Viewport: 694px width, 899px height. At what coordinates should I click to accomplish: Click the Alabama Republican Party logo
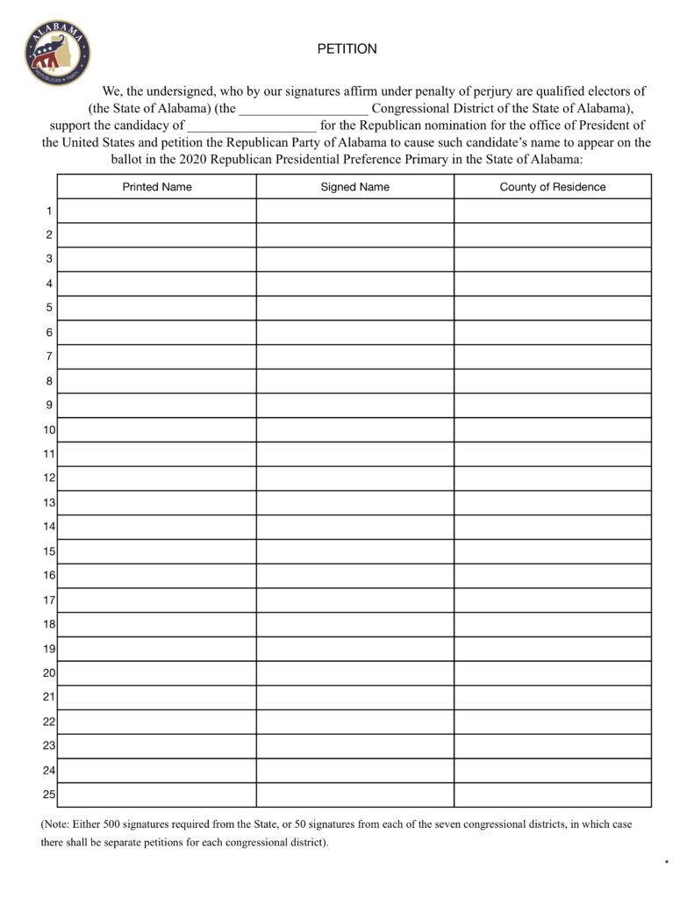pos(57,53)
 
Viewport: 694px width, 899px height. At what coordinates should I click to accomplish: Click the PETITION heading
pos(347,49)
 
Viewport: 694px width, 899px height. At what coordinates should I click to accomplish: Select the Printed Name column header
pos(157,187)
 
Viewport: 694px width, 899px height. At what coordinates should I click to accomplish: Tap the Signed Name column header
pos(354,187)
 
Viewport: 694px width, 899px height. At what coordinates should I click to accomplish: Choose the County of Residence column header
pos(553,187)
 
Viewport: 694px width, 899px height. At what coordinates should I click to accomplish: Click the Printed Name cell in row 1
pos(157,211)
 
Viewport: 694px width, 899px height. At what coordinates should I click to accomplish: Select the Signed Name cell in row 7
pos(354,356)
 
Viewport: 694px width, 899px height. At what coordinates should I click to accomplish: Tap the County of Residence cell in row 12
pos(553,478)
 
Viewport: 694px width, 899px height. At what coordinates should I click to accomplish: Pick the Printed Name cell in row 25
pos(157,795)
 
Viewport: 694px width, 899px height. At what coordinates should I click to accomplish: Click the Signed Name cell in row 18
pos(354,624)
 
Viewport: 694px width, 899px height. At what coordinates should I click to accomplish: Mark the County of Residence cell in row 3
pos(553,259)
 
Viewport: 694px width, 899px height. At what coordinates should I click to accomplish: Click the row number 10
pos(49,430)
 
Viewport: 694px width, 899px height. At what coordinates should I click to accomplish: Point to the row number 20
pos(49,673)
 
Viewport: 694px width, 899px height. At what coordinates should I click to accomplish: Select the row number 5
pos(49,308)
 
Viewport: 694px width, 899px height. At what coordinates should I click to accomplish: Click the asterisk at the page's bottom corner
pos(667,863)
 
